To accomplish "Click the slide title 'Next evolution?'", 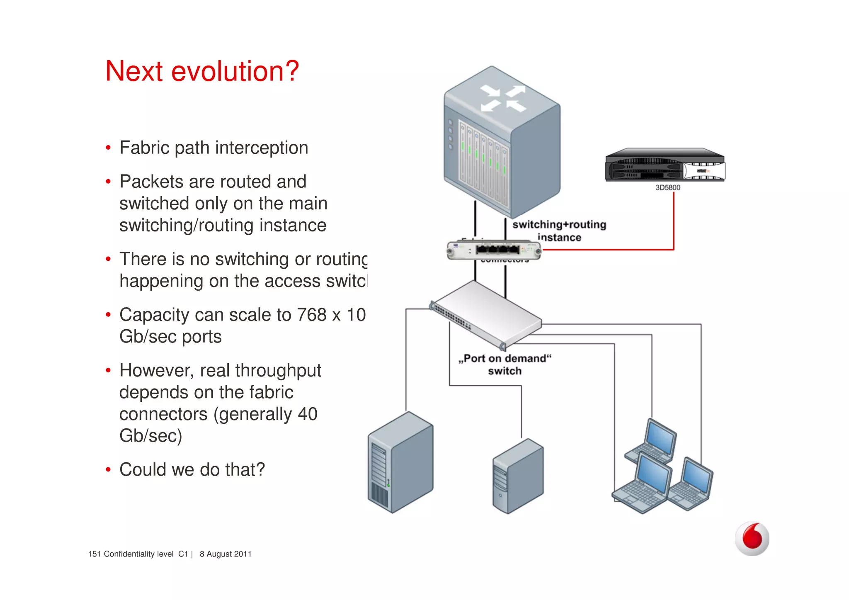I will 202,71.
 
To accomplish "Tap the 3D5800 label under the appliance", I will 667,187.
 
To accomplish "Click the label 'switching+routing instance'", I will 559,231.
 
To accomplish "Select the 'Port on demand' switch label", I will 505,364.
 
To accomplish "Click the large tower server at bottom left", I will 400,462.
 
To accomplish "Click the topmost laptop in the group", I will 653,442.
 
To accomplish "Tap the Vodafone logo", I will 752,538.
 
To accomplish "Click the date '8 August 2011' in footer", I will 226,554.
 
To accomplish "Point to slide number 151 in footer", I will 94,554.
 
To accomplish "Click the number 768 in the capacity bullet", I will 312,315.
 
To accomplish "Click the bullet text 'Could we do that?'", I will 192,470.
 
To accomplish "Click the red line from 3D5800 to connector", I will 674,224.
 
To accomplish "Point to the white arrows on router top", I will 503,98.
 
